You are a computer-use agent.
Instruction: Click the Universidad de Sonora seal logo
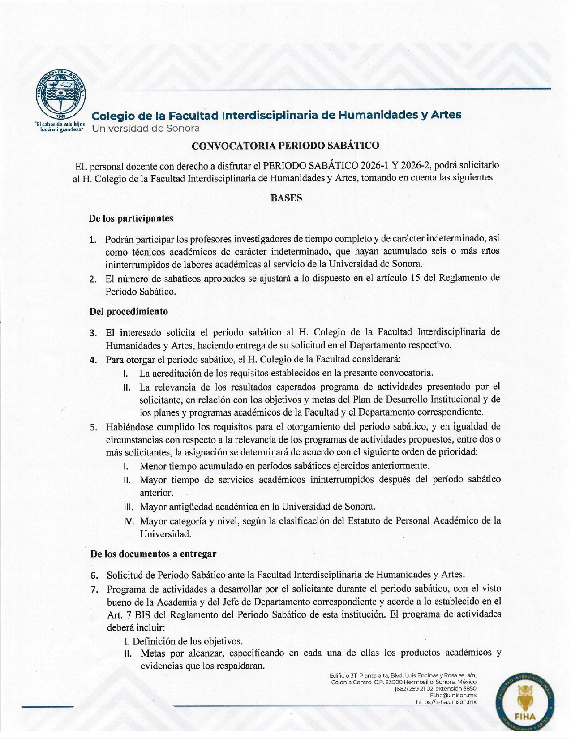tap(60, 94)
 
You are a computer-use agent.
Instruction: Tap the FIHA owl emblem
tap(525, 705)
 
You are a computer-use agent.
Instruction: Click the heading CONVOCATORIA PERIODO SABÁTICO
tap(285, 146)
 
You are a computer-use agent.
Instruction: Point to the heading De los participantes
tap(131, 219)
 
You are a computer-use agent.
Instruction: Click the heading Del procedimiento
tap(129, 311)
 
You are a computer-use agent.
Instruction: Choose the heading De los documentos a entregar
tap(153, 554)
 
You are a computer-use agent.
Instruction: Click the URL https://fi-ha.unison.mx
tap(446, 702)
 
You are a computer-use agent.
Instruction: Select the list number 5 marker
tap(93, 427)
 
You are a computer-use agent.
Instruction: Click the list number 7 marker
tap(94, 589)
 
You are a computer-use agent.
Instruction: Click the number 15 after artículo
tap(414, 278)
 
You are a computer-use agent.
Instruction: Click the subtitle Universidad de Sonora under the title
tap(146, 129)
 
